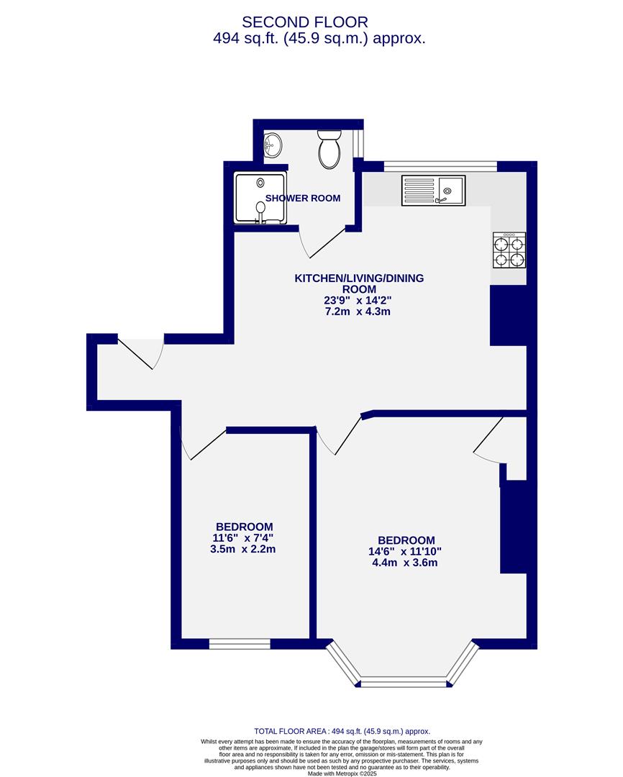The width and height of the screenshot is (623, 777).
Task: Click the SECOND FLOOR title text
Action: [305, 22]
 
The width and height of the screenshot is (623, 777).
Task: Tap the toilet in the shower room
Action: [329, 149]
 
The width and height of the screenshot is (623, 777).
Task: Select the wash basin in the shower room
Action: [272, 147]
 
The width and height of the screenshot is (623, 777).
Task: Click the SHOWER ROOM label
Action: [303, 198]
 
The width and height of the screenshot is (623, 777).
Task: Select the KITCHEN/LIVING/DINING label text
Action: [359, 283]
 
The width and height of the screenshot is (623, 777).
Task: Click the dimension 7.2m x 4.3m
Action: [358, 312]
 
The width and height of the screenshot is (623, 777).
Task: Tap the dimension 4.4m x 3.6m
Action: [406, 563]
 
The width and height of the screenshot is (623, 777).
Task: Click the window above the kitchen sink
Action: [440, 166]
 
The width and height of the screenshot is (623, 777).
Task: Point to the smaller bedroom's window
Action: [240, 643]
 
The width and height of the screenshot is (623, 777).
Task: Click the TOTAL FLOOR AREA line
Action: [342, 731]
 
